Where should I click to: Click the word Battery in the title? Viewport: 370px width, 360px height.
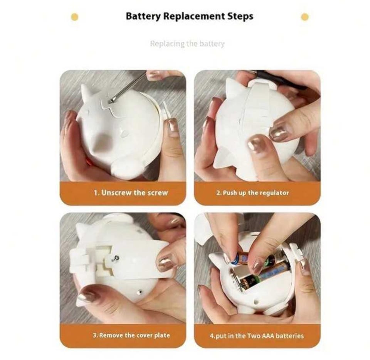pyautogui.click(x=143, y=16)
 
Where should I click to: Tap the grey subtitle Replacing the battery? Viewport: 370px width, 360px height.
pyautogui.click(x=187, y=44)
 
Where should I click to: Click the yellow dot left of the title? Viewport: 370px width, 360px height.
pyautogui.click(x=74, y=17)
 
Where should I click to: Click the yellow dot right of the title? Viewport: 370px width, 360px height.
pyautogui.click(x=304, y=17)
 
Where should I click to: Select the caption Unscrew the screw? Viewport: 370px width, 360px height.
pyautogui.click(x=135, y=193)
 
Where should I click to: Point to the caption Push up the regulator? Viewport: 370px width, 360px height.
pyautogui.click(x=256, y=193)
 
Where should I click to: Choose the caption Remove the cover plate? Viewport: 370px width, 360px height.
pyautogui.click(x=135, y=335)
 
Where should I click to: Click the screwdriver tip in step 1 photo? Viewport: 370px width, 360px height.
pyautogui.click(x=111, y=101)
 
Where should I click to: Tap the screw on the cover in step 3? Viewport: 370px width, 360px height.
pyautogui.click(x=115, y=259)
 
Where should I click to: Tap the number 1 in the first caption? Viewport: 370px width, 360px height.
pyautogui.click(x=96, y=193)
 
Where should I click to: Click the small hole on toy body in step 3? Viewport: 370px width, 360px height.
pyautogui.click(x=140, y=292)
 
